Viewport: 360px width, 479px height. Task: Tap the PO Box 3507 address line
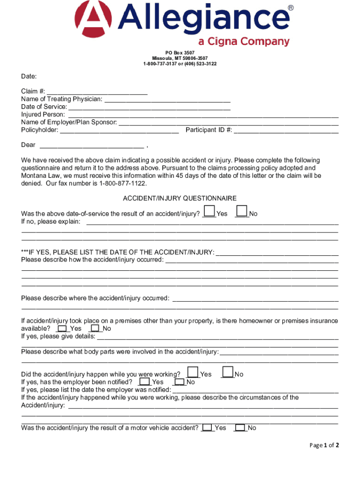coord(180,52)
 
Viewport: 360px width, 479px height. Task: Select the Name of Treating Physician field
coord(167,99)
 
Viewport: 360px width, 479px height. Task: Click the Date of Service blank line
coord(149,107)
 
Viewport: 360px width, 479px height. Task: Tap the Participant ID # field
coord(286,130)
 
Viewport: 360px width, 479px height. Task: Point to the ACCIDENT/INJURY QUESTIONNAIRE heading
coord(180,198)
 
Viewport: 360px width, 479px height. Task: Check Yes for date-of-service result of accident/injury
coord(210,211)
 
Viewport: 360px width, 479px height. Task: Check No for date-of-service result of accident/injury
coord(242,211)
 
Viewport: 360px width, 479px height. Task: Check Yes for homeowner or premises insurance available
coord(62,328)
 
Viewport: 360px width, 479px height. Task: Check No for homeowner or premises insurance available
coord(95,328)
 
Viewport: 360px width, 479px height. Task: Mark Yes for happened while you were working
coord(192,372)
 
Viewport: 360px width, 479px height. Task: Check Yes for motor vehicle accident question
coord(207,428)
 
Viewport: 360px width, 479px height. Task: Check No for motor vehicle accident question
coord(240,428)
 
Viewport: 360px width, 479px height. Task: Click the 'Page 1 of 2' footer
coord(324,445)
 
